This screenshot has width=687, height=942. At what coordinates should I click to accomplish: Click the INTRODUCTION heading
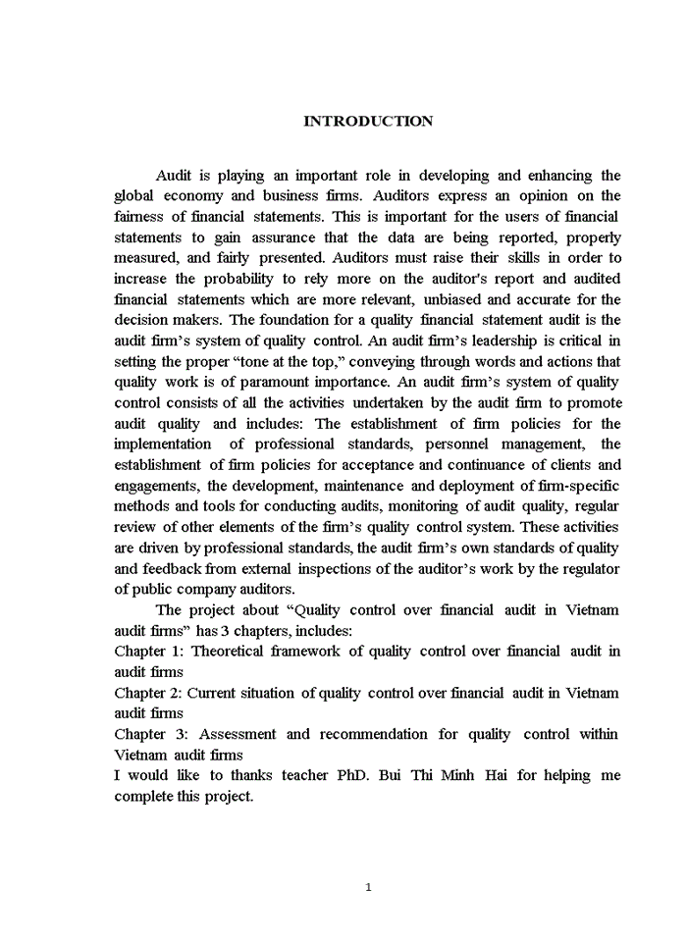coord(368,121)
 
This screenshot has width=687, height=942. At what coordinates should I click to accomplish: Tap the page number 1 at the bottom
coord(368,887)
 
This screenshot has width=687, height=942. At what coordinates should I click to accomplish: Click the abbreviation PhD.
coord(345,775)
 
